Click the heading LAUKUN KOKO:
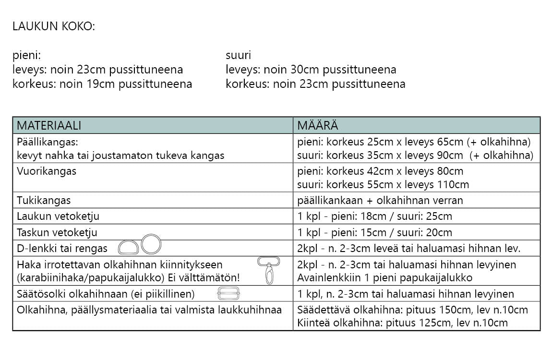pyautogui.click(x=54, y=26)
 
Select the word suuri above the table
pyautogui.click(x=238, y=55)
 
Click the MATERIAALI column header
pyautogui.click(x=49, y=126)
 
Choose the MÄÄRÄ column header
pyautogui.click(x=317, y=126)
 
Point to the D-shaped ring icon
pyautogui.click(x=128, y=247)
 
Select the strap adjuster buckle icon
pyautogui.click(x=228, y=294)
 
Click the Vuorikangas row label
pyautogui.click(x=46, y=171)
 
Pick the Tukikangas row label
pyautogui.click(x=44, y=200)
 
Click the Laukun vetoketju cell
pyautogui.click(x=58, y=216)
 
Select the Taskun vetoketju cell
pyautogui.click(x=57, y=232)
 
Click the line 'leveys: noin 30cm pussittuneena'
pyautogui.click(x=311, y=70)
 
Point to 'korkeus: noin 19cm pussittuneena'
pyautogui.click(x=102, y=84)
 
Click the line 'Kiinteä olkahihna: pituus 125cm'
pyautogui.click(x=402, y=323)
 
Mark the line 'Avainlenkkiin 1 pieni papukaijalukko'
pyautogui.click(x=384, y=277)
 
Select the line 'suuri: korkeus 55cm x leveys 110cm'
pyautogui.click(x=383, y=184)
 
